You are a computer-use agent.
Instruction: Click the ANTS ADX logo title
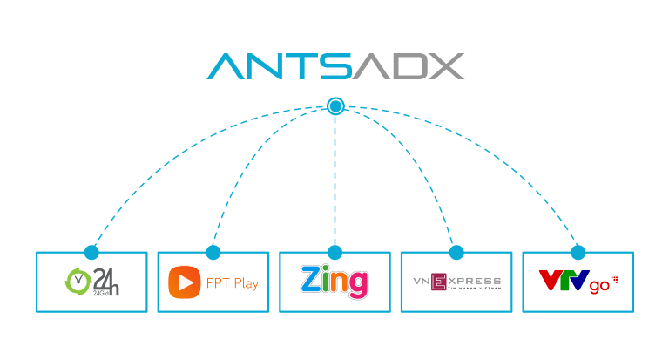click(335, 67)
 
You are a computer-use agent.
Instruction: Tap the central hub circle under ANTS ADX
click(335, 106)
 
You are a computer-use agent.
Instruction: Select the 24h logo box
click(91, 282)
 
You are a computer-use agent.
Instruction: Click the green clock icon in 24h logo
click(78, 281)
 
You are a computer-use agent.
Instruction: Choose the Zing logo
click(334, 282)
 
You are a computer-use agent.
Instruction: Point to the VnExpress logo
click(456, 282)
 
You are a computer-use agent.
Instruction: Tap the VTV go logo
click(578, 282)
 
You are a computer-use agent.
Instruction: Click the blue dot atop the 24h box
click(91, 252)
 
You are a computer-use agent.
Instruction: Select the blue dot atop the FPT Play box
click(213, 252)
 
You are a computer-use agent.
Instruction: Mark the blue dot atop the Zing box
click(335, 252)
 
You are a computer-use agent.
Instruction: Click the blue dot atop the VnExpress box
click(456, 252)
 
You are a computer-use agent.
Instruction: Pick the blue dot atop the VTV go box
click(578, 252)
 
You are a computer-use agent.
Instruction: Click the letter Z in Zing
click(312, 281)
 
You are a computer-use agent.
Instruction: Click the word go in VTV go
click(599, 286)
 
